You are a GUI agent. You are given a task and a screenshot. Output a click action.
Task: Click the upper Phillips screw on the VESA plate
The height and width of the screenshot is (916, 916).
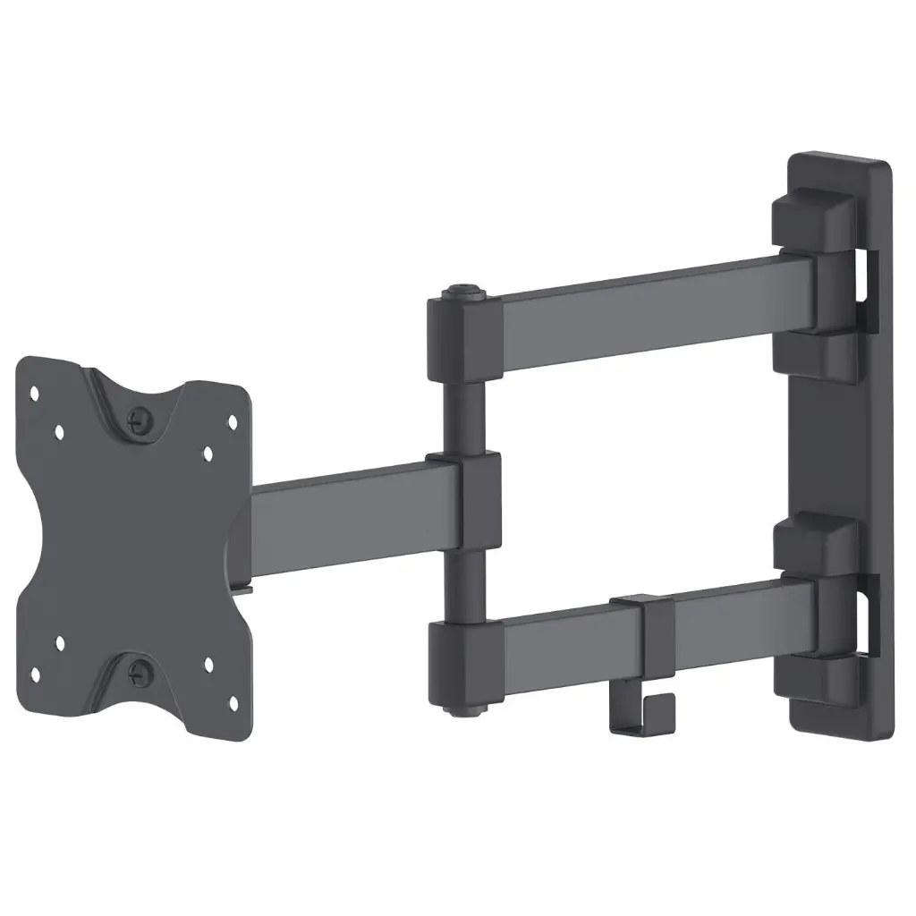140,417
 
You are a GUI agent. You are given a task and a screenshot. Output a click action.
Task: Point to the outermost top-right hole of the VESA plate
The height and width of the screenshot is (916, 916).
233,420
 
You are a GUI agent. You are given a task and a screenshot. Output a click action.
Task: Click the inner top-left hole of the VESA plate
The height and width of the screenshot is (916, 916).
59,431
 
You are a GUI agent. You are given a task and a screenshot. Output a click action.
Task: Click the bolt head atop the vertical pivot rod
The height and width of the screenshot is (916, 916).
462,292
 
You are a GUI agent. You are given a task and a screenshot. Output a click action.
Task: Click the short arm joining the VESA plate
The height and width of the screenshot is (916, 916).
340,514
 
